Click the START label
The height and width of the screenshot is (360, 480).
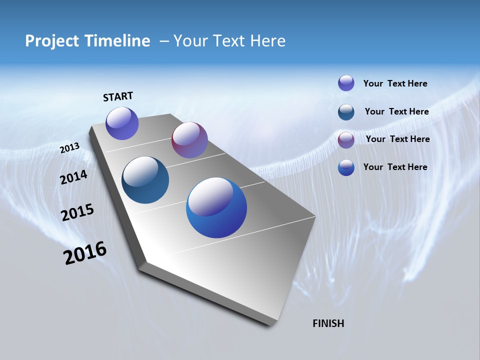(118, 96)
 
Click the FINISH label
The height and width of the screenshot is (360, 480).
(328, 323)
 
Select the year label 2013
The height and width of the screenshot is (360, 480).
(70, 147)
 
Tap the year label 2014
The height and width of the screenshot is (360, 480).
(74, 177)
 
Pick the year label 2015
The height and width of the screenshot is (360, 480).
(77, 212)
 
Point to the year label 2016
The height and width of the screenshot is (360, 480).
(85, 253)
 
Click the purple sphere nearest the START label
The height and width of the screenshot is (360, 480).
(122, 123)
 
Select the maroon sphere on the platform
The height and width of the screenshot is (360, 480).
(189, 140)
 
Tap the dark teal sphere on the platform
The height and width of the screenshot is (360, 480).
(145, 180)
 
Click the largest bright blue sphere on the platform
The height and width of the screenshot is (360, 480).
(216, 207)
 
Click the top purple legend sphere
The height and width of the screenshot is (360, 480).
(346, 83)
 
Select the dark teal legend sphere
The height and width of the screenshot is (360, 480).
(346, 112)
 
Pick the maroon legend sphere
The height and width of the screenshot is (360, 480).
(346, 140)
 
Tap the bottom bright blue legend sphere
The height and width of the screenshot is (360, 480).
(346, 167)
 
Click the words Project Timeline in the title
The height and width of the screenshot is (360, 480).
(87, 41)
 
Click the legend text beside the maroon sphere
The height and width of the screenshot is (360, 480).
(397, 139)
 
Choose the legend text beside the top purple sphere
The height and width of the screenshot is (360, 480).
(395, 83)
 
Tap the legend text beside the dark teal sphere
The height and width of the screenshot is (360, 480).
(396, 111)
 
